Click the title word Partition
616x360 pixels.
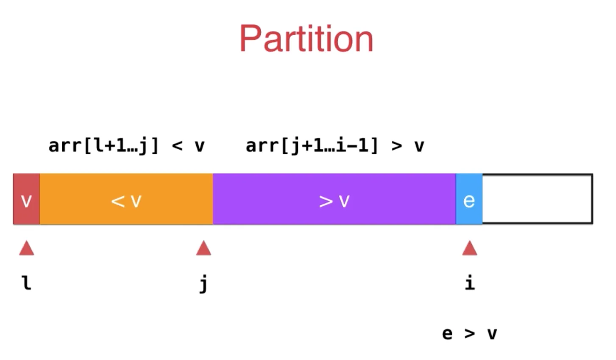306,39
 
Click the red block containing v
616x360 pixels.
26,199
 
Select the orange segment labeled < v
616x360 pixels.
126,199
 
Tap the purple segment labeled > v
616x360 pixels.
334,199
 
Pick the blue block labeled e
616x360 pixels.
469,199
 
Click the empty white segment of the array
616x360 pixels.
537,199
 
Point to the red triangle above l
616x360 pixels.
27,248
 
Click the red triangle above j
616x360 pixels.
203,248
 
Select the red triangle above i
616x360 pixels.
469,248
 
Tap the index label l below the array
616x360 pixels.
27,283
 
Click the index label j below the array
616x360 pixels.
203,284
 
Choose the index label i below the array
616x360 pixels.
469,283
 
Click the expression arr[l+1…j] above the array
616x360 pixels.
103,146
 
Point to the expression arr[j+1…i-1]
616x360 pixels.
312,146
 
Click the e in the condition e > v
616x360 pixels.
447,334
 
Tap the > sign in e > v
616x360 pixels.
469,334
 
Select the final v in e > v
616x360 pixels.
492,334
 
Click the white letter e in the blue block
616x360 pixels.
469,200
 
